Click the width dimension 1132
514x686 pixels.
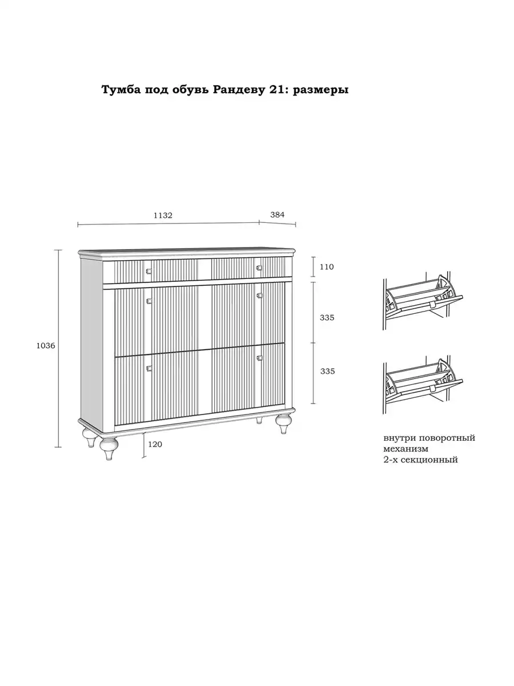[x=163, y=216]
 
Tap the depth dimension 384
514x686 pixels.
[x=277, y=215]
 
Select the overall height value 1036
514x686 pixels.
[x=46, y=346]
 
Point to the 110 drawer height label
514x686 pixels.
[x=327, y=267]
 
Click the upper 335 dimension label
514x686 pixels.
[x=327, y=318]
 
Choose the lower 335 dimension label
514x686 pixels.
[x=327, y=371]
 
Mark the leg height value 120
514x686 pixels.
[x=155, y=444]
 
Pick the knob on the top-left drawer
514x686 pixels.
[x=148, y=271]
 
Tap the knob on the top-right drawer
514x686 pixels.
[x=259, y=268]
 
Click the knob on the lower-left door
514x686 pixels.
[x=149, y=368]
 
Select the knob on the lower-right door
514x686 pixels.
[x=259, y=358]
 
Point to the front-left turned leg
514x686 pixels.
[x=109, y=449]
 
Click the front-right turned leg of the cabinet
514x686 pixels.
[x=283, y=424]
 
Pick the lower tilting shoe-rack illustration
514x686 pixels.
[x=423, y=385]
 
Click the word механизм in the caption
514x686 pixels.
[x=405, y=449]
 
